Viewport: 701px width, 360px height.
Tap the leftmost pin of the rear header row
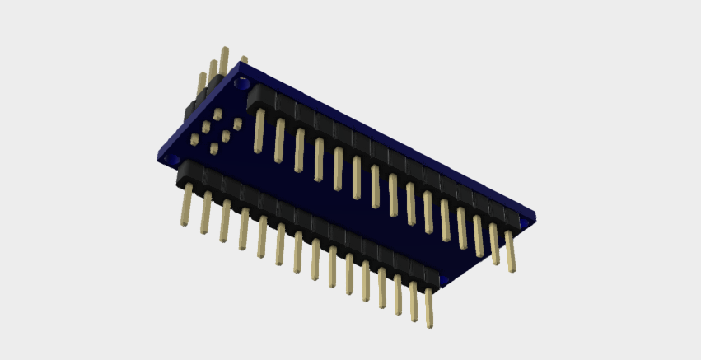(x=259, y=130)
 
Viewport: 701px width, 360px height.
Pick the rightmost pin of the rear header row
(x=511, y=250)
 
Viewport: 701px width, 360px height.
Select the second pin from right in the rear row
(x=494, y=243)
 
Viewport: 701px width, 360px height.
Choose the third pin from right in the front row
(x=397, y=294)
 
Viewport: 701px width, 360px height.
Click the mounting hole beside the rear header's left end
(x=242, y=83)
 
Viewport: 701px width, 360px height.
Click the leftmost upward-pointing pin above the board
(x=200, y=86)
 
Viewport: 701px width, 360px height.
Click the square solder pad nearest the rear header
(x=237, y=124)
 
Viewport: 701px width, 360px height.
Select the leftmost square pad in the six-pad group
(x=194, y=141)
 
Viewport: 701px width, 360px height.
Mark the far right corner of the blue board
(x=534, y=217)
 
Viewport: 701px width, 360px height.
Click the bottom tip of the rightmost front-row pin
(x=429, y=325)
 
